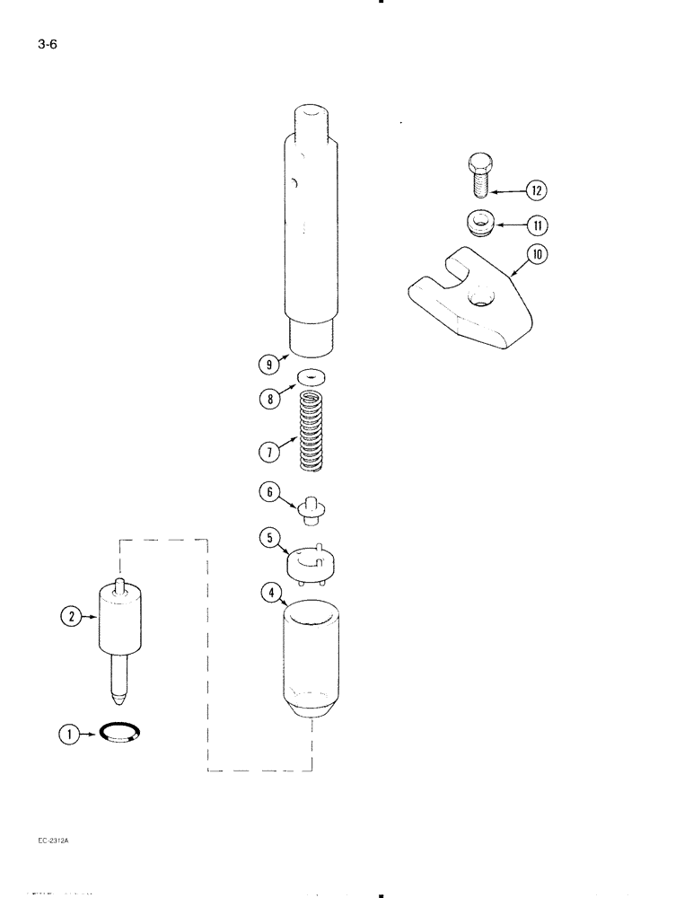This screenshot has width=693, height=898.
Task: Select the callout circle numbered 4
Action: [269, 592]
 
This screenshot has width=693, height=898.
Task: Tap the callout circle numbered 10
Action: [538, 255]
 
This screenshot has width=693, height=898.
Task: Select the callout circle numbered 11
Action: [538, 224]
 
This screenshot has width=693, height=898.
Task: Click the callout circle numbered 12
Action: [537, 190]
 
